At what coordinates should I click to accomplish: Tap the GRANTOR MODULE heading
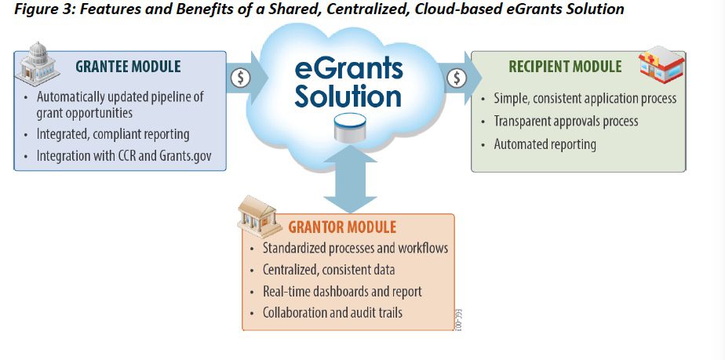click(342, 227)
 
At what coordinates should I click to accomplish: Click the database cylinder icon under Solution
click(349, 128)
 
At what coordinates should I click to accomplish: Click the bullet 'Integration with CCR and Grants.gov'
click(130, 156)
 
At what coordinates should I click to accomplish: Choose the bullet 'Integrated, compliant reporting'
click(112, 134)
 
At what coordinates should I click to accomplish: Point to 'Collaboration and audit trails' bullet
click(332, 312)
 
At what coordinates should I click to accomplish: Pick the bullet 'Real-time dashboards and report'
click(341, 291)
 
